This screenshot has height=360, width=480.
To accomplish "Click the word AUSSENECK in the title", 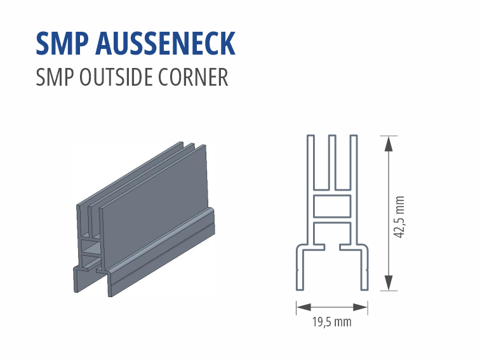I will tap(166, 43).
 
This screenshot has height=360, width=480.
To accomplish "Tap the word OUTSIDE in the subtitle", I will tap(117, 77).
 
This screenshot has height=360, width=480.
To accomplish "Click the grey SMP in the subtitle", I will tap(53, 77).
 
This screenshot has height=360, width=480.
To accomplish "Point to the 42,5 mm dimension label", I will tap(399, 217).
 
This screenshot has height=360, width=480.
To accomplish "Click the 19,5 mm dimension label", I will tap(331, 322).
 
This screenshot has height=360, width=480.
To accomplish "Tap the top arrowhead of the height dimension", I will tap(388, 143).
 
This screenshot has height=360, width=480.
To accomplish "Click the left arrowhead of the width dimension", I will tap(300, 307).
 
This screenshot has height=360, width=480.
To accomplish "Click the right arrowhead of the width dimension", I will tap(363, 307).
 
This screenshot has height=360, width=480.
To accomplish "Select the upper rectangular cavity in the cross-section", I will tap(332, 205).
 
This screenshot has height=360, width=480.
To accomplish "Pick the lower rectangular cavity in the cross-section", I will tap(332, 232).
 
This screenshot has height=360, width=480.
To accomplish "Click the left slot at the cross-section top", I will tap(321, 163).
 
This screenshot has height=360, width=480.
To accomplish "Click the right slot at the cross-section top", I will tap(343, 163).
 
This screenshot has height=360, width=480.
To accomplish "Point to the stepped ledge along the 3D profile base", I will tap(165, 244).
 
